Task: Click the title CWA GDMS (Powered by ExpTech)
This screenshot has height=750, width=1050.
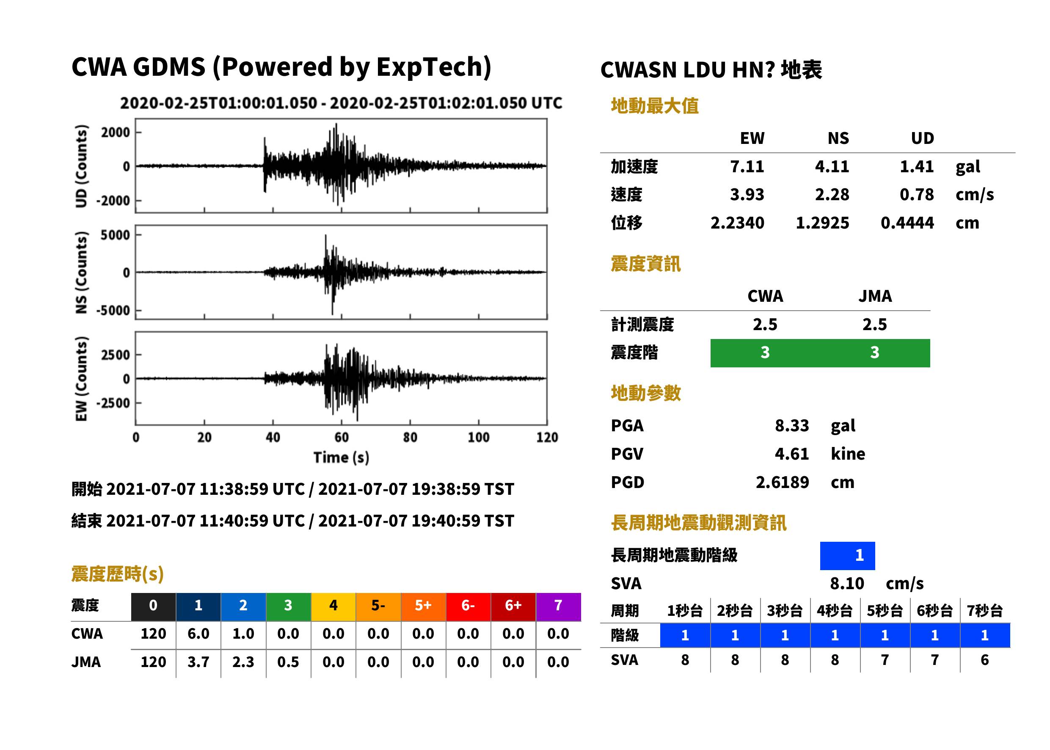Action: click(281, 67)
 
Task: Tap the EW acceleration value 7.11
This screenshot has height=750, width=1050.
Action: click(747, 166)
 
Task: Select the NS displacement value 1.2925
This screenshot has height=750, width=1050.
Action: click(822, 223)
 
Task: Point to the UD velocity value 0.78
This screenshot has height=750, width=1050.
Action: click(917, 194)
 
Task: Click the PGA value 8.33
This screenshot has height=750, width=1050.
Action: click(792, 425)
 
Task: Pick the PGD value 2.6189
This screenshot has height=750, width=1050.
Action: click(782, 482)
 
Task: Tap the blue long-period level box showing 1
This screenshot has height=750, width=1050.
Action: click(847, 556)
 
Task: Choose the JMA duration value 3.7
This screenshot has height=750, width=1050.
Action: click(198, 662)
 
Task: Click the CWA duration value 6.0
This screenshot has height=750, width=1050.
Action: click(198, 634)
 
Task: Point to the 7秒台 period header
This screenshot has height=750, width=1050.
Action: click(984, 610)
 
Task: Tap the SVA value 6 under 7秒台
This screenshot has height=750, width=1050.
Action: click(984, 660)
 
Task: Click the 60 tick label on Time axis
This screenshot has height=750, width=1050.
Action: click(341, 437)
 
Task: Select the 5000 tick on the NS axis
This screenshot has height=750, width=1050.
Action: click(115, 235)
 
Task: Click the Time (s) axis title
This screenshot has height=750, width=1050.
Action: click(341, 457)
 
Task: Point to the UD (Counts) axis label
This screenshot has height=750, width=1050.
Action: click(81, 166)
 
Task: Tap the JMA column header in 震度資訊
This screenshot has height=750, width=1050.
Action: click(875, 296)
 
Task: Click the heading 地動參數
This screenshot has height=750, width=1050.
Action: click(645, 394)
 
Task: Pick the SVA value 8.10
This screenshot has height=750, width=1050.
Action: click(847, 584)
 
